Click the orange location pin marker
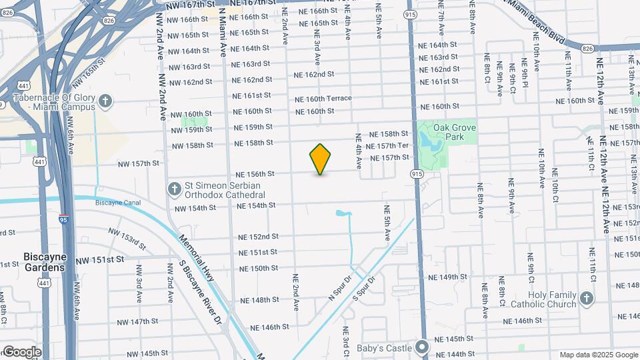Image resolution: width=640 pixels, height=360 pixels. tap(321, 159)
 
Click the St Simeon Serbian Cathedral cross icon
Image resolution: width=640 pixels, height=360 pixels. tap(174, 189)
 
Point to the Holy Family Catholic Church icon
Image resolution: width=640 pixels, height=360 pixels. tap(586, 297)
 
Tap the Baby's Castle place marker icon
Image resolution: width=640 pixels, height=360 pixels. tap(421, 347)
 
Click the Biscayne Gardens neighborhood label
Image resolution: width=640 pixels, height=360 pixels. tap(44, 262)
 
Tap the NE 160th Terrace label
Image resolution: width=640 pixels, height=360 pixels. tap(323, 99)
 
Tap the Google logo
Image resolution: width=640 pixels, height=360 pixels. tap(21, 351)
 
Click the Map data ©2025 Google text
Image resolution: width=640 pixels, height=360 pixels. tap(599, 355)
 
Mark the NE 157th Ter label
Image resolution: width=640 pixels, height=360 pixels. tap(387, 146)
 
